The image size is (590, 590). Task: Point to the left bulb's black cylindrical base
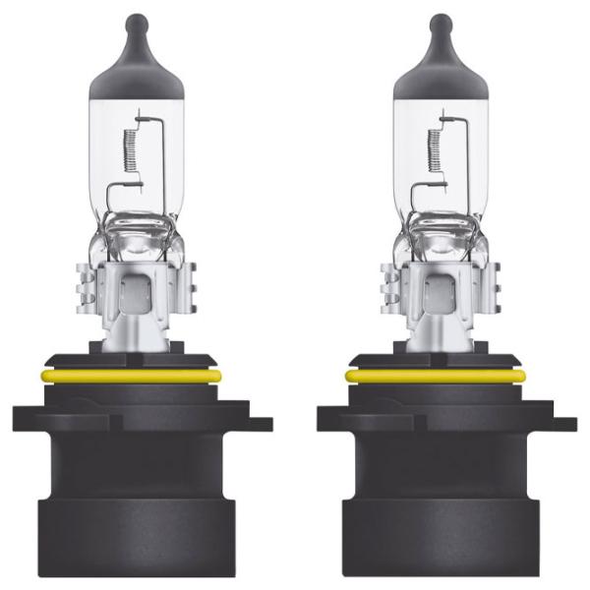click(143, 501)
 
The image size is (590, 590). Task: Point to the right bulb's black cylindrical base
click(447, 501)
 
